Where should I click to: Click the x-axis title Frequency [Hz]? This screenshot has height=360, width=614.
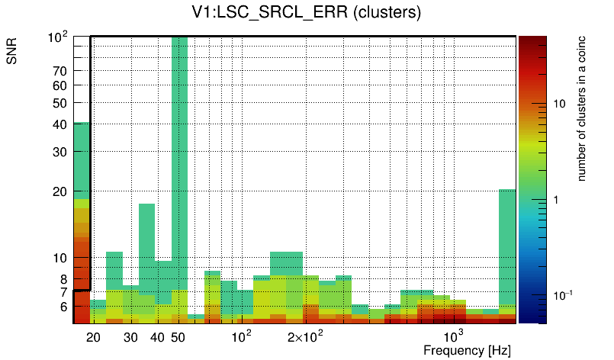pos(467,350)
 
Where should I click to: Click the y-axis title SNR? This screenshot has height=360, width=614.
pos(12,53)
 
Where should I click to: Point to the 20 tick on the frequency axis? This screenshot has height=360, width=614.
pos(94,337)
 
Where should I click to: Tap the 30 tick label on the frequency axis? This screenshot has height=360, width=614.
pos(130,337)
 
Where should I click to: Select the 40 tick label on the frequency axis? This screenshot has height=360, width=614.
pos(157,337)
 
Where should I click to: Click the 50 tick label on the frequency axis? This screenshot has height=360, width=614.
pos(178,337)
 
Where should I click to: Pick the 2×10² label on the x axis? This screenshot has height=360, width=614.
pos(305,336)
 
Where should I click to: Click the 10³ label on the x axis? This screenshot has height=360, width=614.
pos(454,336)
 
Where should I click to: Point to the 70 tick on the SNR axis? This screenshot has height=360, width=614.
pos(60,71)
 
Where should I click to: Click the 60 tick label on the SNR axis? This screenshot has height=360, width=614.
pos(60,85)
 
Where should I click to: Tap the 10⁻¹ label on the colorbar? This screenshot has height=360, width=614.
pos(563,295)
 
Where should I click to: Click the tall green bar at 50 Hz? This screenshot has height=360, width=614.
pos(179,153)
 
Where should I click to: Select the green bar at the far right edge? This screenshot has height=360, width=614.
pos(507,244)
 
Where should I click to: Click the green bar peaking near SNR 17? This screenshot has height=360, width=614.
pos(146,244)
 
